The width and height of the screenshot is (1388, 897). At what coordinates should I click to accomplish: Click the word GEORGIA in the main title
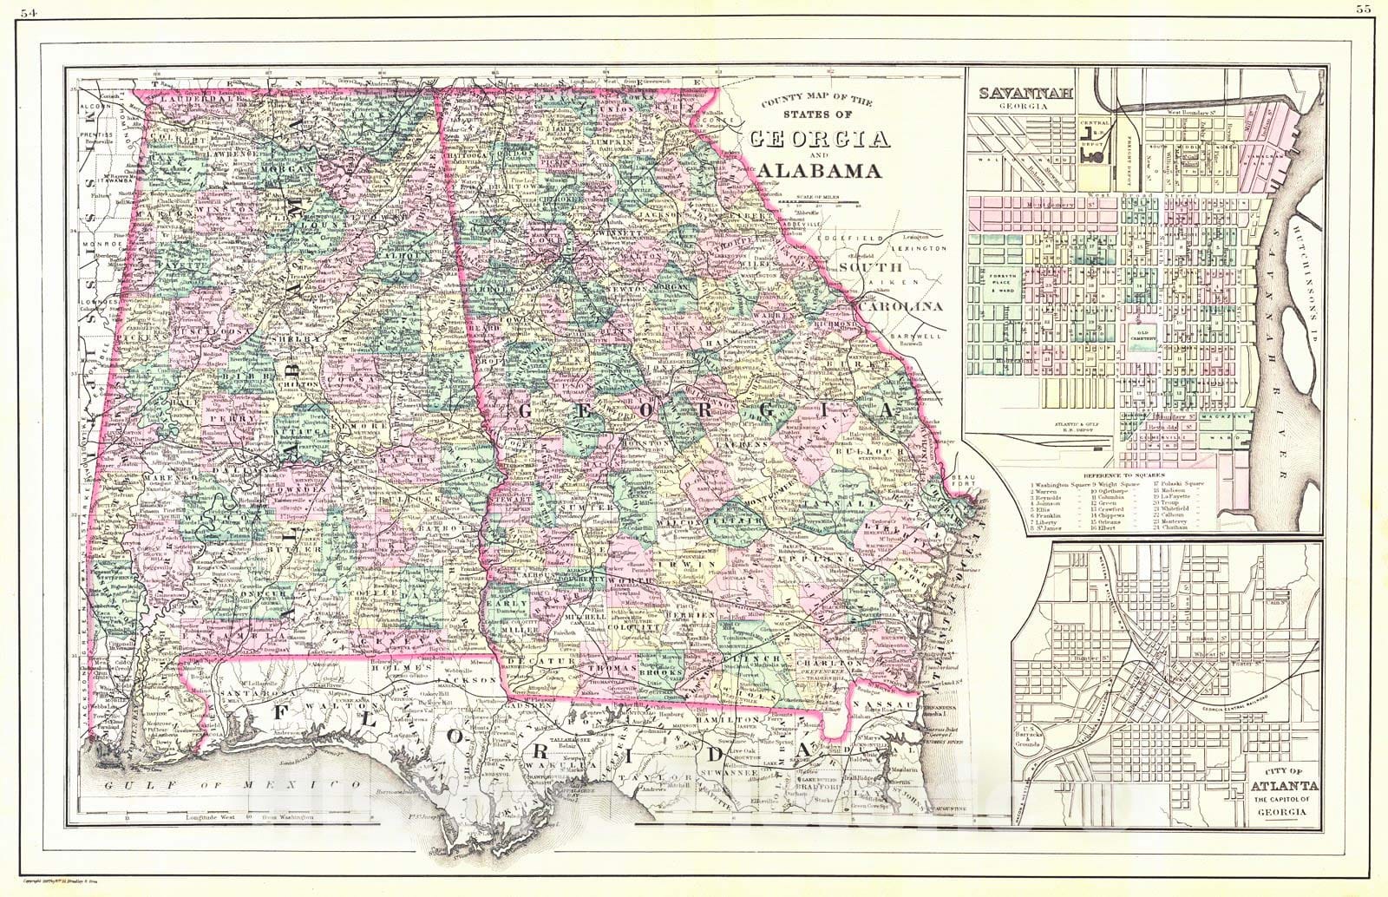click(x=820, y=139)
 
